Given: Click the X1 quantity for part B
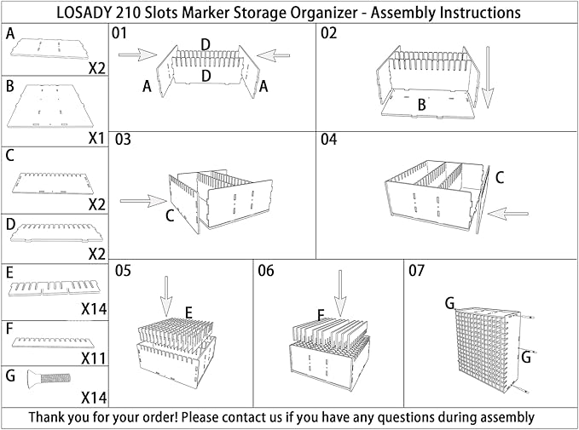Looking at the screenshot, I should (96, 135).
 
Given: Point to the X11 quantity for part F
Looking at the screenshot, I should (94, 358).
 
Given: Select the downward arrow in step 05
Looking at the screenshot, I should (166, 294).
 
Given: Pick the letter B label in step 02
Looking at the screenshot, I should (421, 103).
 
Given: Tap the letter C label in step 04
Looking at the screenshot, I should (500, 177).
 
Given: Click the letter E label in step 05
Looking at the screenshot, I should (188, 313).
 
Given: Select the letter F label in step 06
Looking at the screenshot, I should (321, 315).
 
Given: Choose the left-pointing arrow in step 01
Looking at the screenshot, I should (278, 55).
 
